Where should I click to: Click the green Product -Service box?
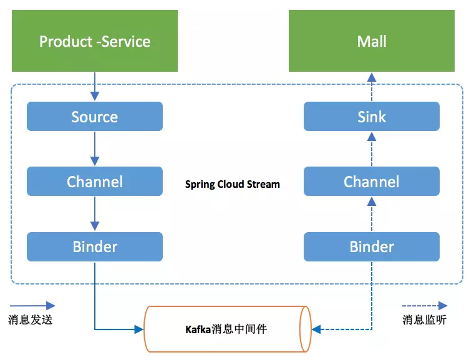point(95,42)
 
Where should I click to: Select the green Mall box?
point(372,42)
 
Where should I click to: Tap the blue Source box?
point(95,117)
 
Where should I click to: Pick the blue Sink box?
point(372,117)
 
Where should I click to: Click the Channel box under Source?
point(95,182)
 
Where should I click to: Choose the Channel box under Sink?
point(372,182)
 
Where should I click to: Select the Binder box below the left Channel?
point(95,246)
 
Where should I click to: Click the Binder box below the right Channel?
point(372,246)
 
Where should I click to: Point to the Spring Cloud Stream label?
point(233,185)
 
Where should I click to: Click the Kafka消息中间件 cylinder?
point(228,328)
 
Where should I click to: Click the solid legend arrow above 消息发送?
point(32,306)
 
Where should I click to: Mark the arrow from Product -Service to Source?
point(95,86)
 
